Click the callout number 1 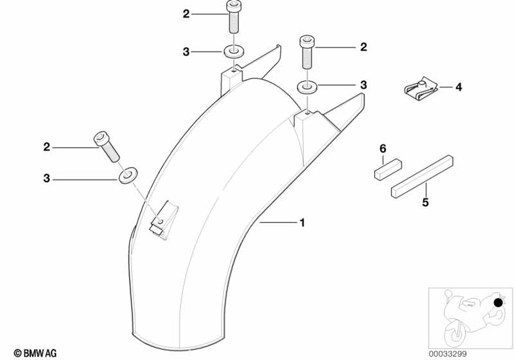(302, 223)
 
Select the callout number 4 (458, 87)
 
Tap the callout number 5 (425, 202)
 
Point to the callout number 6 (382, 149)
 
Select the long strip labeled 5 (421, 176)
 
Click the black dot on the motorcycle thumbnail (498, 303)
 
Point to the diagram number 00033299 (449, 353)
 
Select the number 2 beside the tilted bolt (47, 148)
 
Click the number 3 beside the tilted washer (47, 179)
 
